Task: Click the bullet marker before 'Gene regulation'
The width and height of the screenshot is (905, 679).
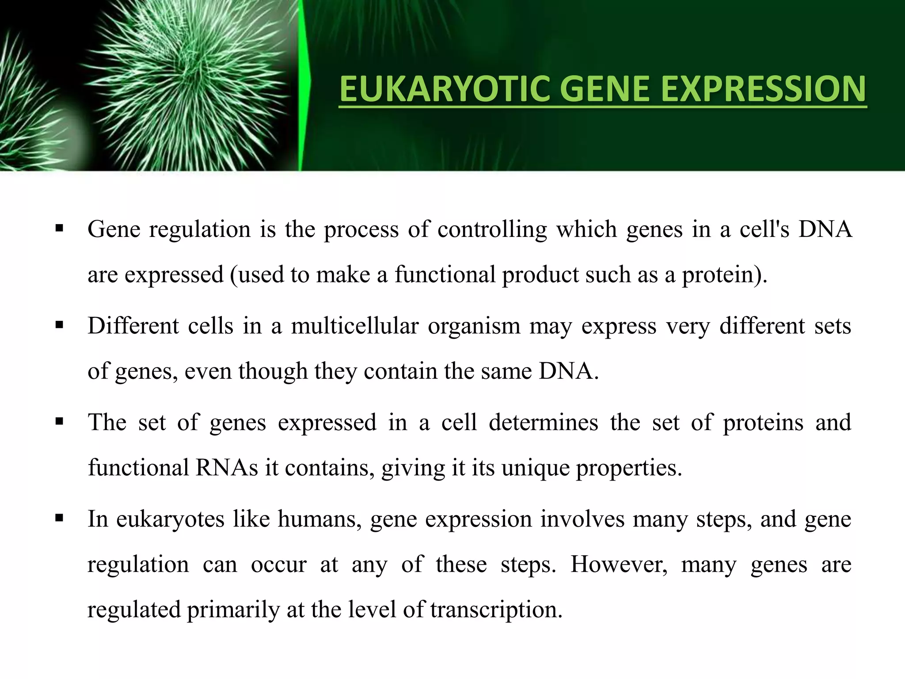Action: [59, 229]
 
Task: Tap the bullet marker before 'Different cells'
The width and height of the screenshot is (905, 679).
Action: [59, 326]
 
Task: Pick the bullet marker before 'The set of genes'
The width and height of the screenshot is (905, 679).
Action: [59, 422]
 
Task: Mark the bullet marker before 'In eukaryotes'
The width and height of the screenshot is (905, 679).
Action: [59, 519]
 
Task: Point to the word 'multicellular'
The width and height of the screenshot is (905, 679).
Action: [354, 326]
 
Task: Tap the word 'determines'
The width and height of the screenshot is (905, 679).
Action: [543, 422]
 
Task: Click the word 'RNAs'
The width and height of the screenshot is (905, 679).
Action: [226, 468]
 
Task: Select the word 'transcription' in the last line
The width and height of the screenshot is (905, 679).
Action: [496, 610]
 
